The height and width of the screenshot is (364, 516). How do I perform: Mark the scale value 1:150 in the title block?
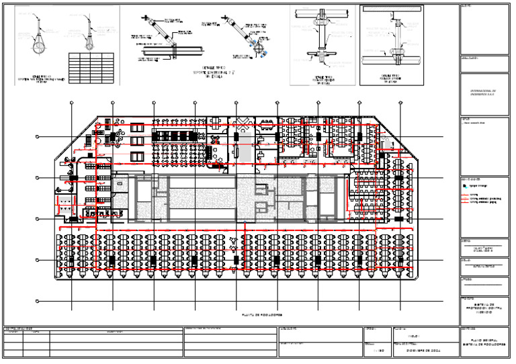click(x=378, y=350)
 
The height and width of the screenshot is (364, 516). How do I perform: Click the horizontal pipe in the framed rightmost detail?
click(x=396, y=57)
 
